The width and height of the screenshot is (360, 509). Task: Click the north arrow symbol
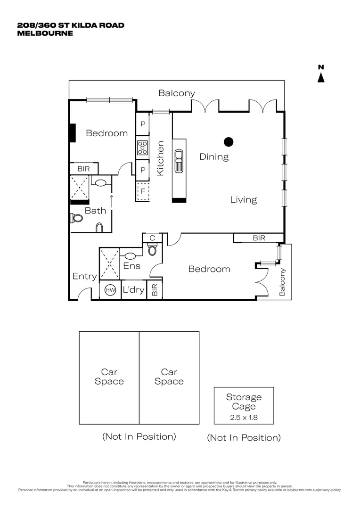point(321,77)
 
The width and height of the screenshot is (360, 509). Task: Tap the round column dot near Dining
point(229,141)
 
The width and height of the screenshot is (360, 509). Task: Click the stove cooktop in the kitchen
point(142,148)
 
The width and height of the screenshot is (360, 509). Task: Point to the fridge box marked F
point(142,191)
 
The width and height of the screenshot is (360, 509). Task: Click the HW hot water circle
point(110,290)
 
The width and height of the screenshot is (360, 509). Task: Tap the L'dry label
point(133,290)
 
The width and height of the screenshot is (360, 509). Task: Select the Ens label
point(132,266)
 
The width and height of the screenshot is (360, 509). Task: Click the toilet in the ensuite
point(152,250)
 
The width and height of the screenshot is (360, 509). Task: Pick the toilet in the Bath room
point(77,218)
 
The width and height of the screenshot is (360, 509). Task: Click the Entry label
point(84,277)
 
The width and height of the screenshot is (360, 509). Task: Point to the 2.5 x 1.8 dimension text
point(244,418)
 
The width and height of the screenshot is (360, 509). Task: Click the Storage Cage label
point(244,402)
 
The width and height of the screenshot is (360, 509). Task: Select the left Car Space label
point(109,377)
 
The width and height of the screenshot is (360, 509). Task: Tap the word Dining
point(214,157)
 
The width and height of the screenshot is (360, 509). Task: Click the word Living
point(243,200)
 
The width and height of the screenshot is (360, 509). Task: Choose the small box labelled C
point(152,238)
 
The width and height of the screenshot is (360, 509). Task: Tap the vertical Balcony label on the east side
point(283,282)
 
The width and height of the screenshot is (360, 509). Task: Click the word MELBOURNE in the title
point(45,33)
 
